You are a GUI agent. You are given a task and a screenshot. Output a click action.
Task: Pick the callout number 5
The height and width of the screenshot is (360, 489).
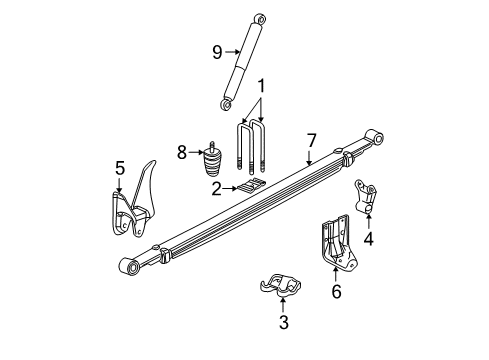point(119,168)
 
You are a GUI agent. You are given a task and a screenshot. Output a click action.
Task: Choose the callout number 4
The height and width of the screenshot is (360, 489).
point(369,239)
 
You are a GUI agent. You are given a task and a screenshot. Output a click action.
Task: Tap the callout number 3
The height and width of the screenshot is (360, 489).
point(283,322)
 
